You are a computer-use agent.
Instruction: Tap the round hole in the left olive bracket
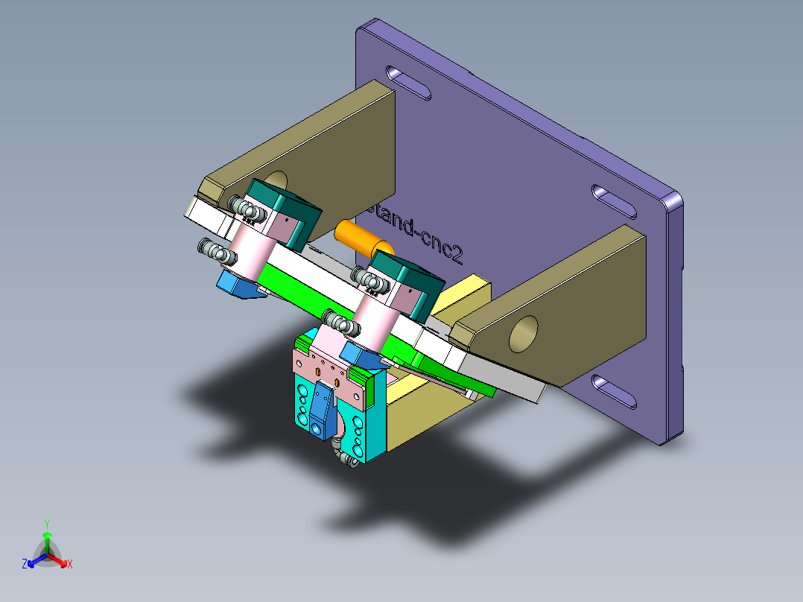[275, 181]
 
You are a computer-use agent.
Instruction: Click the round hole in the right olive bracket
[524, 332]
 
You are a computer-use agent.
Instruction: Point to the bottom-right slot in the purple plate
[615, 393]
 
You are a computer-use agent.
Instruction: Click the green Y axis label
[46, 524]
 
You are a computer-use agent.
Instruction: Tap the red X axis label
[70, 565]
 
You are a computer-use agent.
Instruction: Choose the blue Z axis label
[25, 565]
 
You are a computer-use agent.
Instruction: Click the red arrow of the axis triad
[60, 560]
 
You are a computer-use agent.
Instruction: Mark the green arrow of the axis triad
[46, 540]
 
